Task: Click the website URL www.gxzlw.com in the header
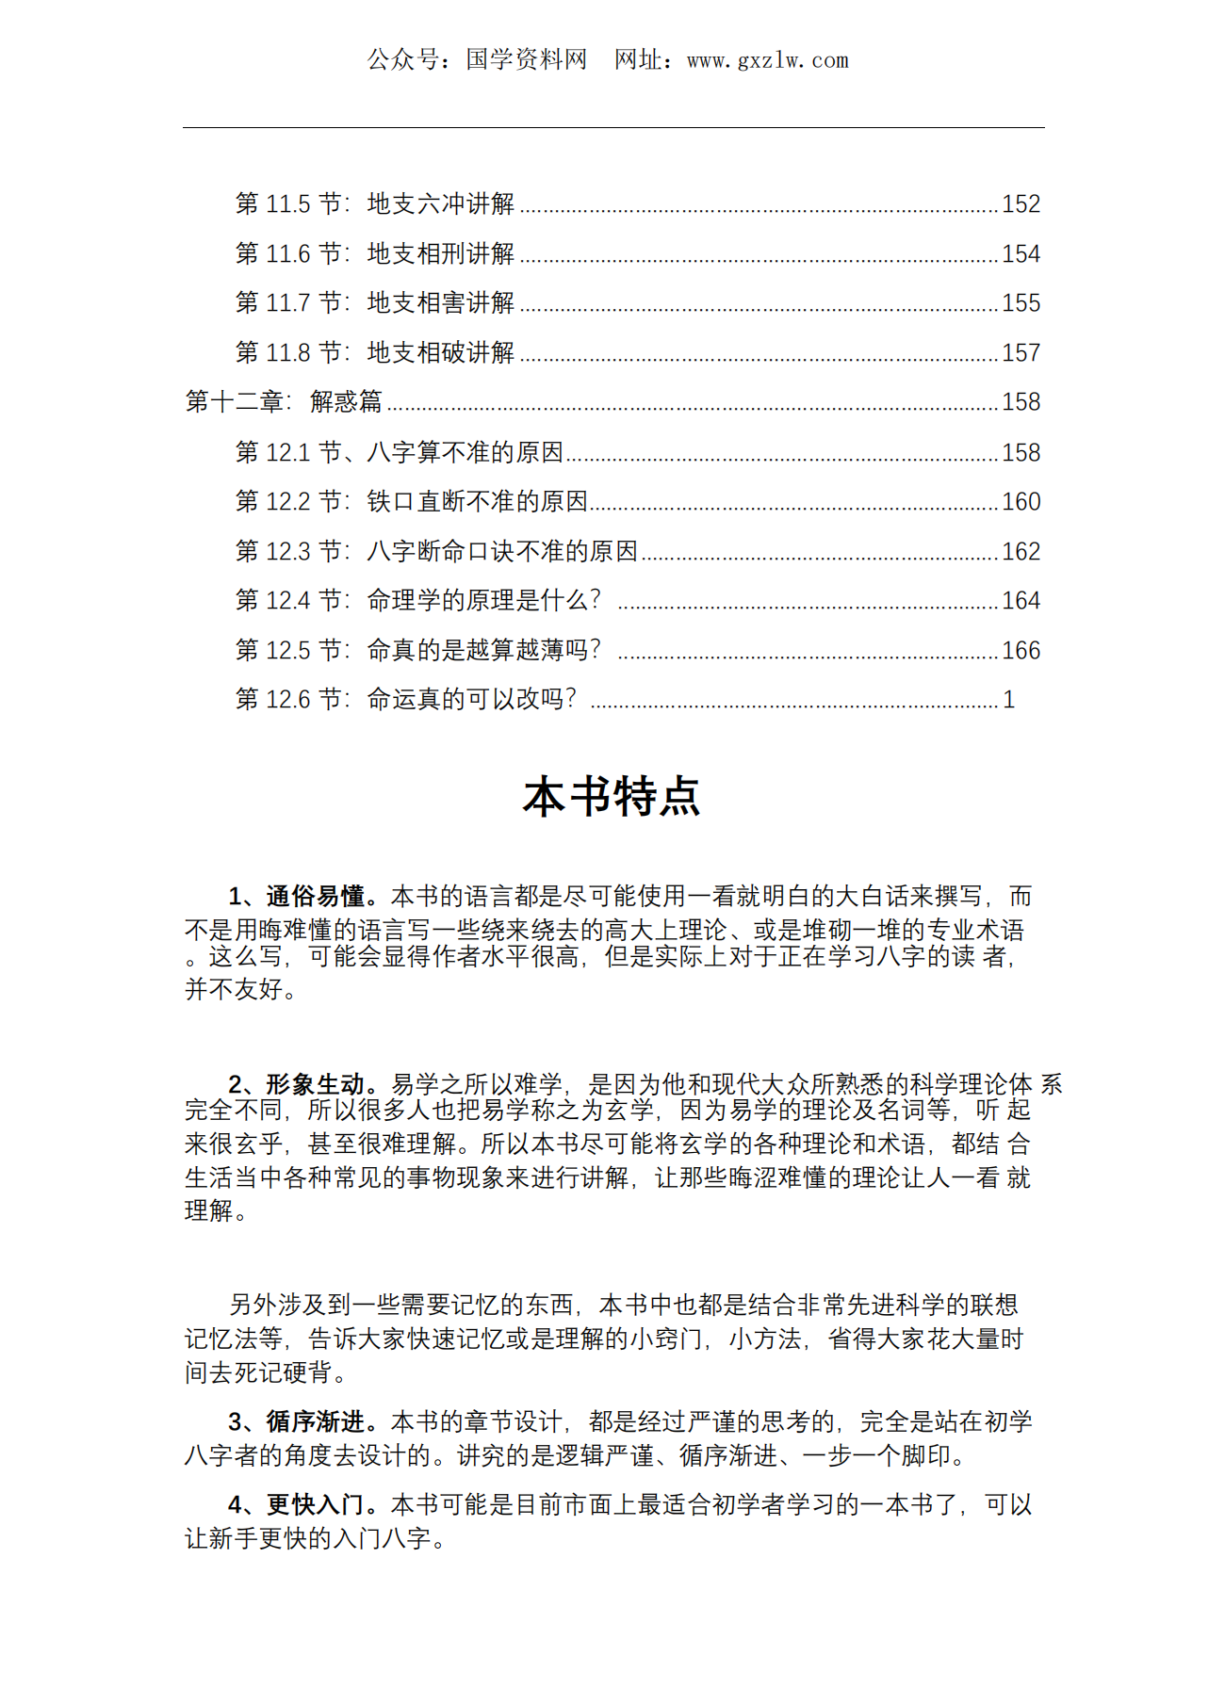point(767,61)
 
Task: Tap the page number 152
point(1021,204)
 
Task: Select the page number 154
point(1021,254)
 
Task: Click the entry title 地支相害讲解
point(440,303)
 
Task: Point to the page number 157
point(1021,353)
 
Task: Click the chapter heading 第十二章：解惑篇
point(284,402)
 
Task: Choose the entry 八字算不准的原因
point(465,453)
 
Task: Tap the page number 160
point(1021,502)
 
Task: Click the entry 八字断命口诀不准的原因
point(502,552)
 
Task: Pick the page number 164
point(1021,601)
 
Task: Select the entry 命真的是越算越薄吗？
point(483,651)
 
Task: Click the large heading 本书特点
point(612,797)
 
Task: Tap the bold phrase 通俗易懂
point(315,896)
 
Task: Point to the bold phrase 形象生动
point(315,1084)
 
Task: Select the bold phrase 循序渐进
point(315,1421)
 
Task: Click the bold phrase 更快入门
point(315,1504)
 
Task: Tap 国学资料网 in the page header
point(526,60)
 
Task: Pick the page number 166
point(1021,651)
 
